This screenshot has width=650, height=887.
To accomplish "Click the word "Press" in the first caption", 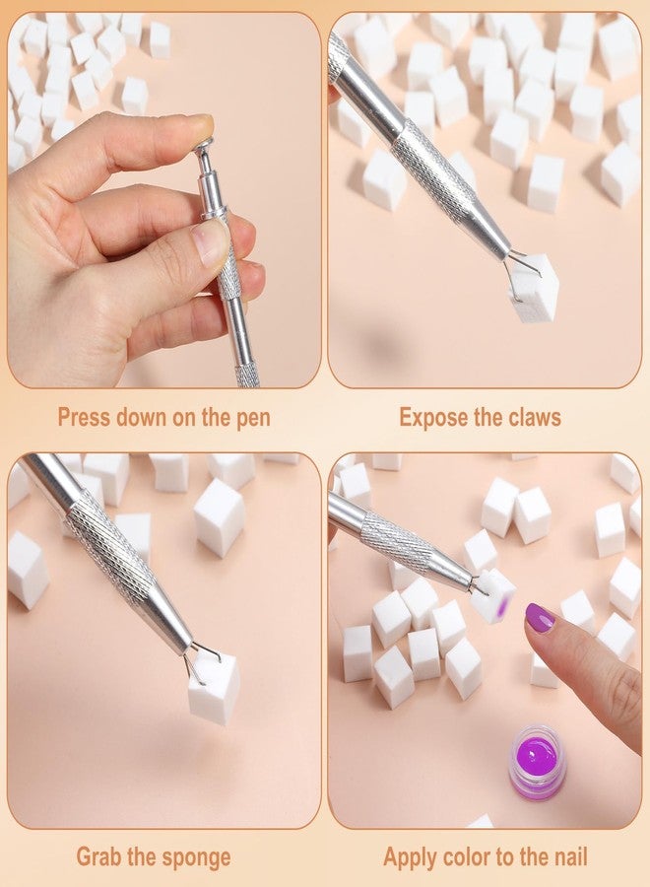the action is [84, 418].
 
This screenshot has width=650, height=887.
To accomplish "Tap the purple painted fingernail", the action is [540, 617].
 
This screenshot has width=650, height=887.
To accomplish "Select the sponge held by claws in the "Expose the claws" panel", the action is [534, 286].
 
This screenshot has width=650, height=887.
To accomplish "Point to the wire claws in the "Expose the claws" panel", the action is [520, 269].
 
